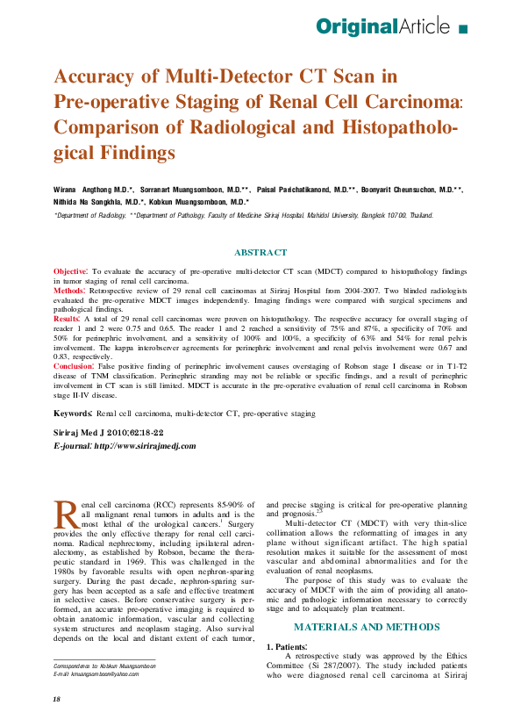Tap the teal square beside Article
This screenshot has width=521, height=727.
(x=463, y=29)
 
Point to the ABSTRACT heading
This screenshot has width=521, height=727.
(x=260, y=252)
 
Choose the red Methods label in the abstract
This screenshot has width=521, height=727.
(x=69, y=289)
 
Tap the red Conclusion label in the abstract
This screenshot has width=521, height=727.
(x=74, y=364)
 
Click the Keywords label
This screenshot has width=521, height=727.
(x=73, y=412)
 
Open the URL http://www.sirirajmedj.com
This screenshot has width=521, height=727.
(x=146, y=446)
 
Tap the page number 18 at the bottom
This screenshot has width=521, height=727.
(x=57, y=698)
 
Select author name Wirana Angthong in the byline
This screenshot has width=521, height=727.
(x=82, y=190)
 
